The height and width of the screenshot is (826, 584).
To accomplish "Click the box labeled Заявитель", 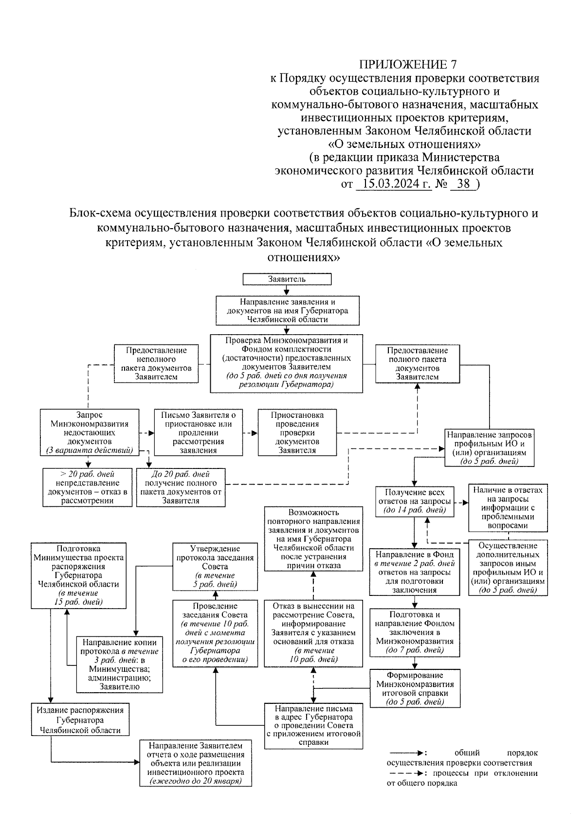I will [x=287, y=279].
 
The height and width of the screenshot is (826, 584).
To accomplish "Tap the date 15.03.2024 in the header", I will [x=394, y=184].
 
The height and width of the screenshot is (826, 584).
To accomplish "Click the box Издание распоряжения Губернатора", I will [x=80, y=720].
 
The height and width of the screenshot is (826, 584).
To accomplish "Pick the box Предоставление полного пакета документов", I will [x=417, y=363].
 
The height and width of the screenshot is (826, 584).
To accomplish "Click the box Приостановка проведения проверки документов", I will [x=297, y=432].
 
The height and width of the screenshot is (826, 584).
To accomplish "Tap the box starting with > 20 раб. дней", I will [x=87, y=487].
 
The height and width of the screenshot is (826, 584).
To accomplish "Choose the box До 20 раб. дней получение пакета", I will [x=181, y=487].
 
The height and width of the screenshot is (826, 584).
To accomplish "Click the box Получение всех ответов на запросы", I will [x=415, y=501].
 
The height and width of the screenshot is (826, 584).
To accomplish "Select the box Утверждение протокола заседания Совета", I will [x=215, y=567].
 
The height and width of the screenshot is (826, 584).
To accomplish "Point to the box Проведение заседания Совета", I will [x=215, y=633].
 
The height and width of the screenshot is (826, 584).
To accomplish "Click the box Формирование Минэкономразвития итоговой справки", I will [x=415, y=688].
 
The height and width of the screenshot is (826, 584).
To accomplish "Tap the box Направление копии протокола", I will [x=119, y=664].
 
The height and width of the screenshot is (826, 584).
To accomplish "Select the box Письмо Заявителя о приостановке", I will [x=198, y=432].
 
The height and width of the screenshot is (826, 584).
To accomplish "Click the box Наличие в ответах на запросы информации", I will [x=508, y=508].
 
